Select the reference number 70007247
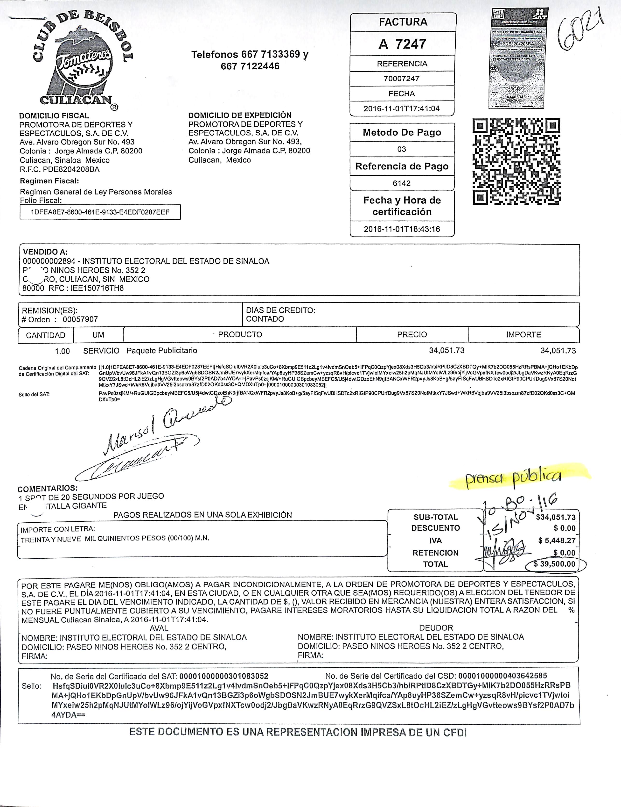[402, 79]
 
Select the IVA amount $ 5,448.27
[557, 540]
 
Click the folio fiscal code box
[100, 212]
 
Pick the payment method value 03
[402, 149]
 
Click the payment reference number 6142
[402, 183]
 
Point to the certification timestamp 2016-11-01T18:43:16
[402, 229]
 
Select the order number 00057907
[80, 319]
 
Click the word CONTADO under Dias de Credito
[265, 319]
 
